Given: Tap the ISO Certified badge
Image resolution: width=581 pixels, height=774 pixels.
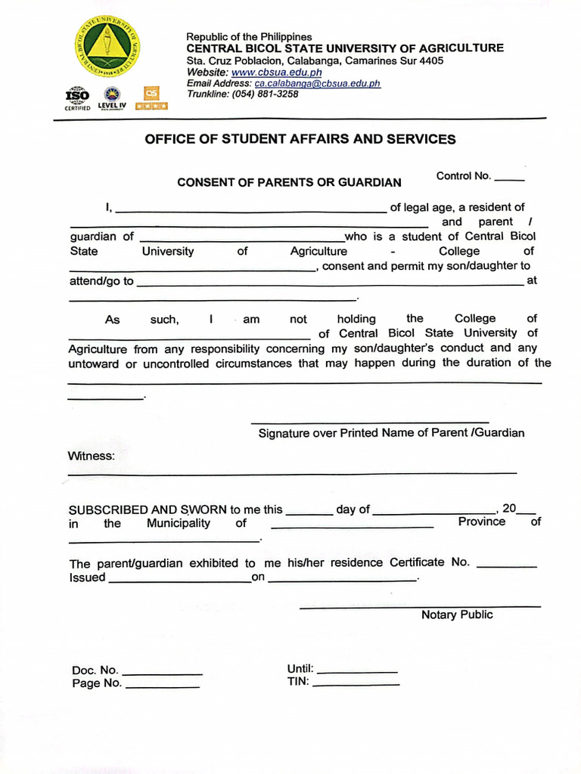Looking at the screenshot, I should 77,98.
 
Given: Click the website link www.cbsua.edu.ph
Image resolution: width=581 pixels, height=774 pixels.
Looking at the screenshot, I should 276,72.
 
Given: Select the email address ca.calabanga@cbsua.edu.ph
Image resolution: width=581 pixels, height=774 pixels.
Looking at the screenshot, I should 317,83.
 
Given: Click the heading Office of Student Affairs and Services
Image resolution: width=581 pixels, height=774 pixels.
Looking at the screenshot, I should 300,139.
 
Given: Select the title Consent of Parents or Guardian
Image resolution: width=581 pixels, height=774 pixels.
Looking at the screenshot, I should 289,182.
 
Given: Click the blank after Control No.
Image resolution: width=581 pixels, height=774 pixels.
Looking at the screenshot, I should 509,178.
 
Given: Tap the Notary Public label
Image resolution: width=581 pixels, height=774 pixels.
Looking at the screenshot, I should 457,615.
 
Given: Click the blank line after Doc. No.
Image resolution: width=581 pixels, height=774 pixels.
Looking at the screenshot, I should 162,672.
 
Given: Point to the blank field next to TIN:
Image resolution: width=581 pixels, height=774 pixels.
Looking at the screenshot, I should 356,684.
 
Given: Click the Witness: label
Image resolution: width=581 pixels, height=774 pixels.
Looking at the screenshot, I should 92,456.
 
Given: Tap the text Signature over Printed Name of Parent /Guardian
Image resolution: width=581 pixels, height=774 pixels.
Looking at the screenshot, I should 391,433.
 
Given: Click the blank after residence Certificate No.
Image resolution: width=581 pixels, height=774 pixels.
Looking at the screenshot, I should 507,565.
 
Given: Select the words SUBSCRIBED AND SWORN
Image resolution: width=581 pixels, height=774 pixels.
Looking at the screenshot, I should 148,509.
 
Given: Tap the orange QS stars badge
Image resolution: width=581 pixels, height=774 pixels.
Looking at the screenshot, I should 152,98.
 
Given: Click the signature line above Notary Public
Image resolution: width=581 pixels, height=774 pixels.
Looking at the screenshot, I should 420,606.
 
